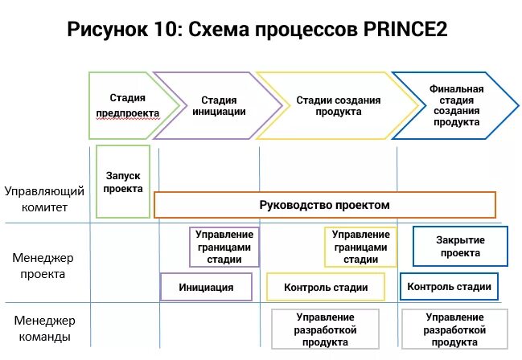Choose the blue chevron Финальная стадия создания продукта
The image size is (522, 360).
[x=455, y=105]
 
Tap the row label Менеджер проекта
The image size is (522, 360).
[x=43, y=266]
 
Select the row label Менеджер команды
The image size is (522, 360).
[x=44, y=329]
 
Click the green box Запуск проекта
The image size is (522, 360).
[x=123, y=182]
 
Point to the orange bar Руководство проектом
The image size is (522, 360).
[x=324, y=205]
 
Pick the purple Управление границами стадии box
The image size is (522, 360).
[x=224, y=247]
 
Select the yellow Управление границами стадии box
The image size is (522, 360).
[x=361, y=247]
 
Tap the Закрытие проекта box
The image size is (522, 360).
[x=460, y=246]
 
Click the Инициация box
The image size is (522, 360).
[x=207, y=287]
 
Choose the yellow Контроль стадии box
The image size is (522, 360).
[x=327, y=288]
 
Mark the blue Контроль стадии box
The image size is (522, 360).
[x=449, y=287]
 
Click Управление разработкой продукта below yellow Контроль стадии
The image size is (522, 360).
[x=325, y=329]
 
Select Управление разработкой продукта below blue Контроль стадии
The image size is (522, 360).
[x=454, y=329]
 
